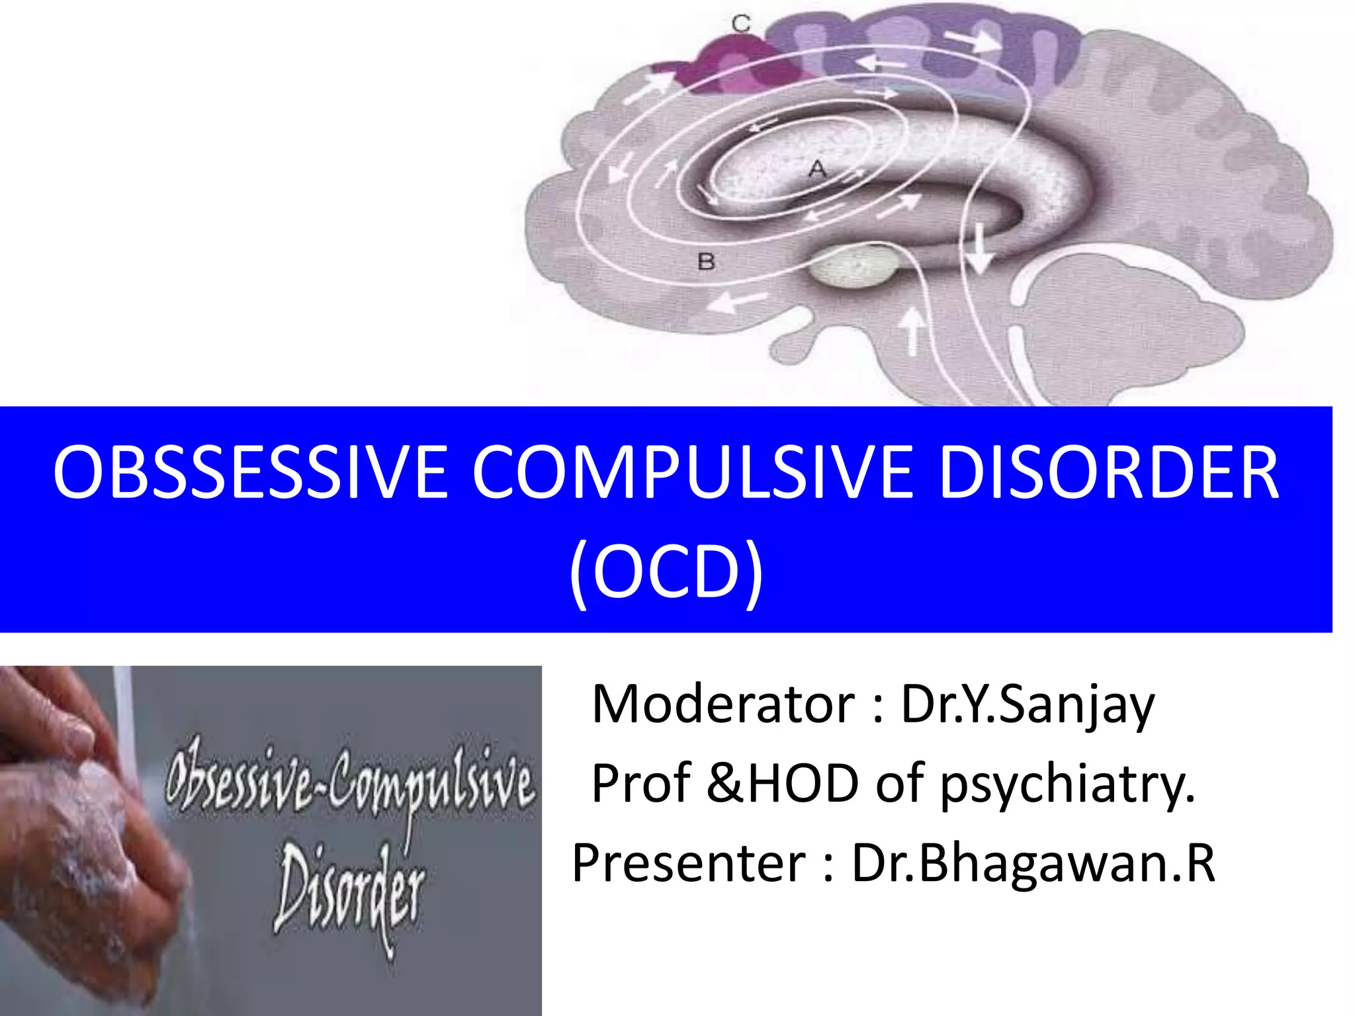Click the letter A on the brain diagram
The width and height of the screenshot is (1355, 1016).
point(818,169)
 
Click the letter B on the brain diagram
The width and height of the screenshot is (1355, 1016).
point(706,262)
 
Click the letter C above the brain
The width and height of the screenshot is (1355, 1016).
point(741,24)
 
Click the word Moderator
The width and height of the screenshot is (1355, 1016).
point(724,704)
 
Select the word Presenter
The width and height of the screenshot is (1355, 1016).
point(689,863)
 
